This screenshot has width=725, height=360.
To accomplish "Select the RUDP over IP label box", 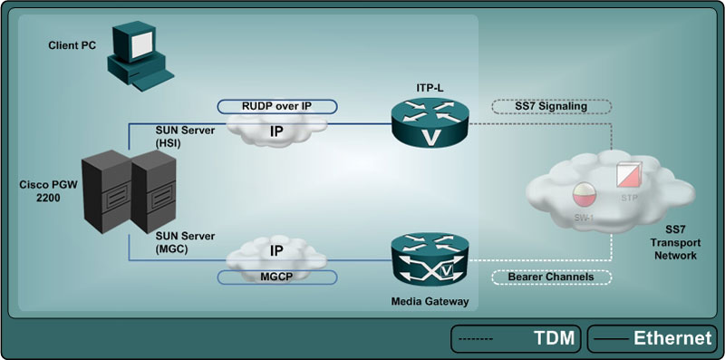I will click(x=276, y=105).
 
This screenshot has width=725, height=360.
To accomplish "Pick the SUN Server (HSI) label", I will click(x=187, y=136).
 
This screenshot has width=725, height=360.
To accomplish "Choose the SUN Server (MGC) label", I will click(x=187, y=242).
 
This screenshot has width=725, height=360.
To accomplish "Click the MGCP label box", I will click(x=276, y=276).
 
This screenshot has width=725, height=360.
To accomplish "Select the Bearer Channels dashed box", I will click(x=548, y=277).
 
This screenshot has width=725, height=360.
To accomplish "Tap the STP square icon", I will click(x=628, y=175).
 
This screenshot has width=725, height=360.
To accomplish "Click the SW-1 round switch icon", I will click(x=583, y=196).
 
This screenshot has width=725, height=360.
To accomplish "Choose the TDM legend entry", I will click(x=517, y=339).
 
